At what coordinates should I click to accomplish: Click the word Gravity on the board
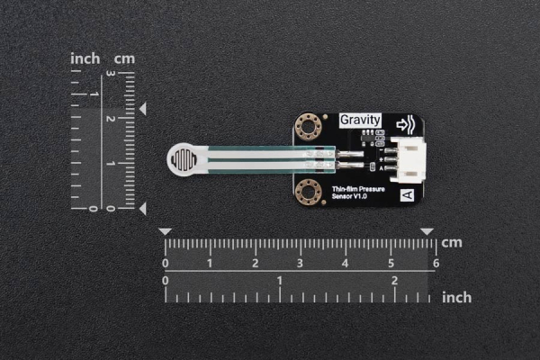360,120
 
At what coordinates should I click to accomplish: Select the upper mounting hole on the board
308,128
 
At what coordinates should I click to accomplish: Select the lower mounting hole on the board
308,191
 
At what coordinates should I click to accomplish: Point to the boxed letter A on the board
406,194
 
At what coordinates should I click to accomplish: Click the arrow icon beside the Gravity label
406,125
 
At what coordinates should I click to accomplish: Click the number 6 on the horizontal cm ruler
436,264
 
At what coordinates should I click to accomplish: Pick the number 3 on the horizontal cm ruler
301,264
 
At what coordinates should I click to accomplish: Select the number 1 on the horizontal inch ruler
280,281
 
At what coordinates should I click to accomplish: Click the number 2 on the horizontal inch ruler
394,281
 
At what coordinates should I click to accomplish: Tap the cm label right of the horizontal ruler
452,242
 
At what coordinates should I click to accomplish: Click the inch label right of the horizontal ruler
457,296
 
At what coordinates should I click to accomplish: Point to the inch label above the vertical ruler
85,58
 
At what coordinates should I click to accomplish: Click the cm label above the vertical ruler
124,58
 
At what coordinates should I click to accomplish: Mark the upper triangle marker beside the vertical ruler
142,109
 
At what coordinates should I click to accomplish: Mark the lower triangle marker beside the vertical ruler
142,209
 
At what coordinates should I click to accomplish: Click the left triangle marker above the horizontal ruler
165,231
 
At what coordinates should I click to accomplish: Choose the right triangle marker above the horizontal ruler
427,231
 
